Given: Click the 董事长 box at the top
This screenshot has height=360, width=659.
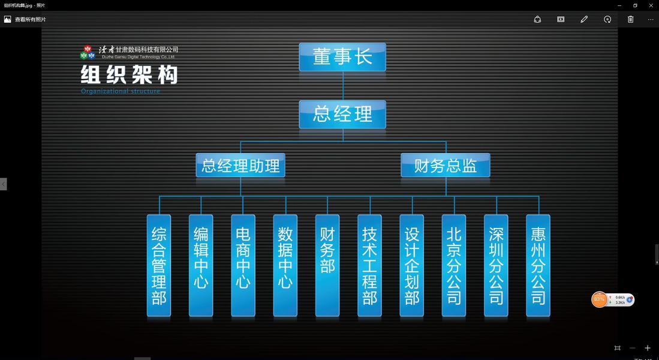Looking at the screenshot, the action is [342, 57].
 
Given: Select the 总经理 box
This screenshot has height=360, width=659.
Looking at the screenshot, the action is [342, 114].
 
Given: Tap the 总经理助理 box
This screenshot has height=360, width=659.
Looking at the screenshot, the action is [240, 165].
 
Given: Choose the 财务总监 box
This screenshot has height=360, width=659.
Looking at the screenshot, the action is [446, 165].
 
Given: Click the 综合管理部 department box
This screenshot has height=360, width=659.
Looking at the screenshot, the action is [159, 265].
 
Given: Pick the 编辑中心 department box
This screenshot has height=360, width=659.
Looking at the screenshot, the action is [201, 265].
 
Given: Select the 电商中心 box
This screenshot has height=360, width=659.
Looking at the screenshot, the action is [243, 265].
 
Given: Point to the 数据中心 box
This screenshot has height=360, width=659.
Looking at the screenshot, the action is [285, 265].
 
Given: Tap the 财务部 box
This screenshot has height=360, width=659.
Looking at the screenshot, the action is [327, 265].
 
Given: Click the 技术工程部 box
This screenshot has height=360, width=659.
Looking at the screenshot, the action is [369, 265].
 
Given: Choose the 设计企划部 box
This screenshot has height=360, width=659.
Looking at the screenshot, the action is [412, 265].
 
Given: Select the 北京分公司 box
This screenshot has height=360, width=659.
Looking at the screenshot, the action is [454, 265].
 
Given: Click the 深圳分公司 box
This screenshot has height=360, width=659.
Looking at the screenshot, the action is [496, 265].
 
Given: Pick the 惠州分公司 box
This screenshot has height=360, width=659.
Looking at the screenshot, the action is [538, 265].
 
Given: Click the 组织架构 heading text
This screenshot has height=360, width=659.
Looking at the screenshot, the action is [130, 75].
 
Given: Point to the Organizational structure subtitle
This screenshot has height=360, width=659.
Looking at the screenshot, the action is [121, 91].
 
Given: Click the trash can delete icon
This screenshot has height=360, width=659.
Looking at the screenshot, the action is [630, 19].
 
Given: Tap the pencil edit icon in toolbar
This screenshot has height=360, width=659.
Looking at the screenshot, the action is [584, 19].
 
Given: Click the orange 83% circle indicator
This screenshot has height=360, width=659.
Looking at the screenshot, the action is [599, 299].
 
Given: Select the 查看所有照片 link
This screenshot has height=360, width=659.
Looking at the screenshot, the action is [30, 19].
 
